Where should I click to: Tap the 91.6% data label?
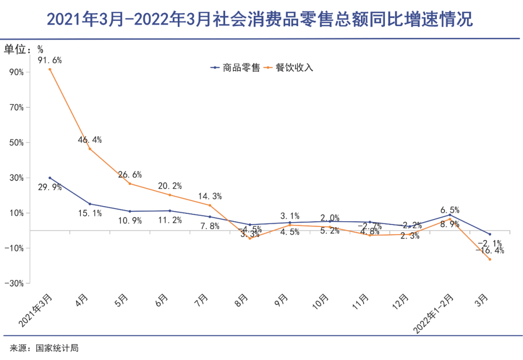50,60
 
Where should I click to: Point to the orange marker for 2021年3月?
50,69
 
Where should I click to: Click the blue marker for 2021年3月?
50,178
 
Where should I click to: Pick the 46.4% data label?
90,140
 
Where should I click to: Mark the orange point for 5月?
130,183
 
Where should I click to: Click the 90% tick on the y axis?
16,72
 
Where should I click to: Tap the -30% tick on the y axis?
15,284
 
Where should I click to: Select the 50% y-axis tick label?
16,143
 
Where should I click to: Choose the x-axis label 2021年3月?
36,310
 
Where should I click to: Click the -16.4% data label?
490,251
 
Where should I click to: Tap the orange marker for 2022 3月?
490,259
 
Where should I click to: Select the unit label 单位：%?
24,48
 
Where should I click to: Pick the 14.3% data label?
210,196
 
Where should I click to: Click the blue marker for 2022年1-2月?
450,215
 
